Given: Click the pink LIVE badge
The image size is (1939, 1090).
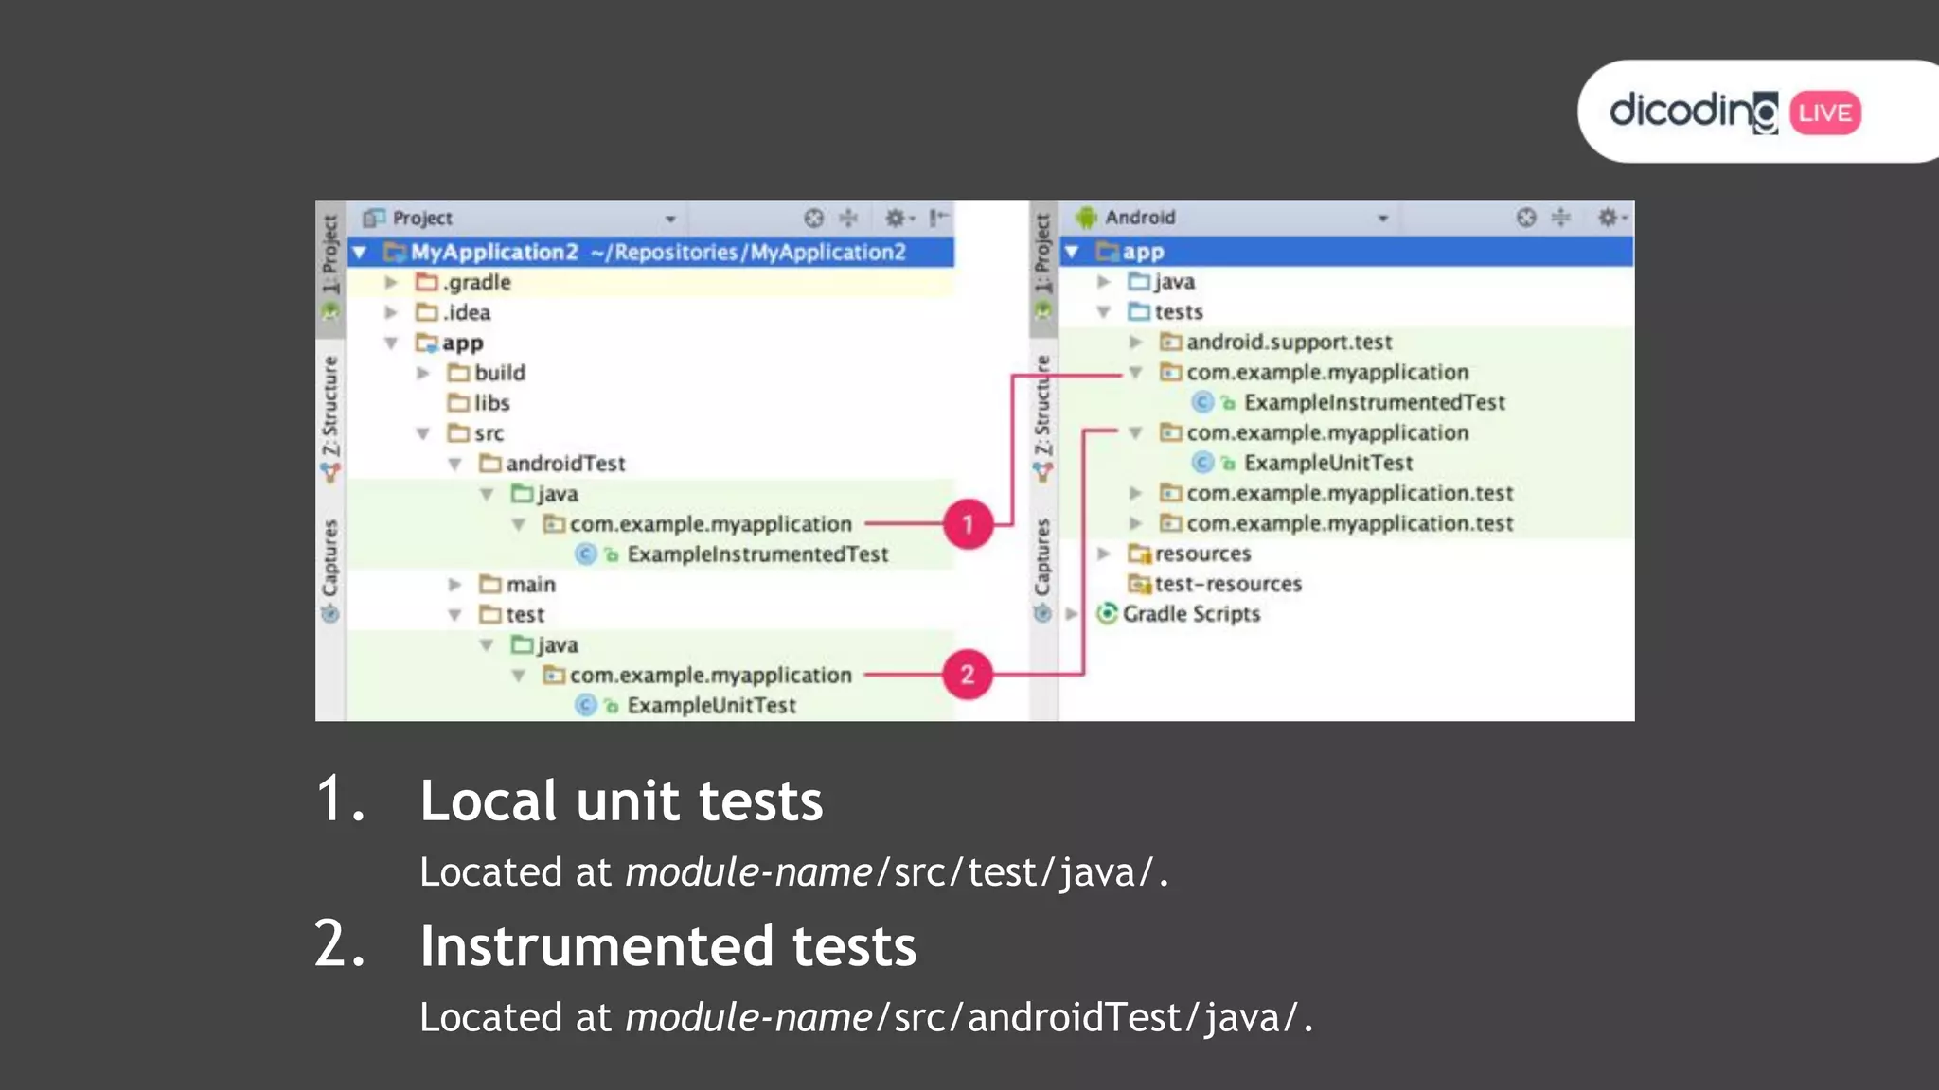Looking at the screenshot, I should [1824, 114].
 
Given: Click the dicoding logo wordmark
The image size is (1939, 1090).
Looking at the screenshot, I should [1693, 113].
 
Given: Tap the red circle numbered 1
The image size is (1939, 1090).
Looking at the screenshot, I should [968, 524].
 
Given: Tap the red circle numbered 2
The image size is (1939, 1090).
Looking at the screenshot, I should [968, 675].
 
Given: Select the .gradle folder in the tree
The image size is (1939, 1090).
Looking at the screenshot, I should [477, 282].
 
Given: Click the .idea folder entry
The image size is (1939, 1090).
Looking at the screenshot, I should [466, 312].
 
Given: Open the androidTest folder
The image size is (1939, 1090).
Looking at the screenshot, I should [564, 464].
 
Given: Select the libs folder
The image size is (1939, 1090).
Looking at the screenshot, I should [490, 403].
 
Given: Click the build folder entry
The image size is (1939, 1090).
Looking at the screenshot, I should [498, 373].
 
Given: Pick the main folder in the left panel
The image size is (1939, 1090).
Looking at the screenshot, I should [529, 585].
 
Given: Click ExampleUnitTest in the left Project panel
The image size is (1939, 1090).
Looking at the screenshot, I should [710, 706].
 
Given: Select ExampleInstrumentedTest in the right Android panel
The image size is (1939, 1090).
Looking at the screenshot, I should [1373, 403].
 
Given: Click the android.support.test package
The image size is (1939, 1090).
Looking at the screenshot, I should [1288, 343].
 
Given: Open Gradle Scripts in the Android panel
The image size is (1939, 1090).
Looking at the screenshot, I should [1190, 614].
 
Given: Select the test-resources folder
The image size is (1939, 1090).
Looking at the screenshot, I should [1227, 584].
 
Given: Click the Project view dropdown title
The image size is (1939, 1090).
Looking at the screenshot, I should [422, 219].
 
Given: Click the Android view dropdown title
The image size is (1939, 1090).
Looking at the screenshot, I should [1140, 218].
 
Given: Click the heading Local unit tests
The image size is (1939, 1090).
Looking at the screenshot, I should [621, 801].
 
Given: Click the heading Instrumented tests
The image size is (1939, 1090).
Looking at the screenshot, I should [667, 946].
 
